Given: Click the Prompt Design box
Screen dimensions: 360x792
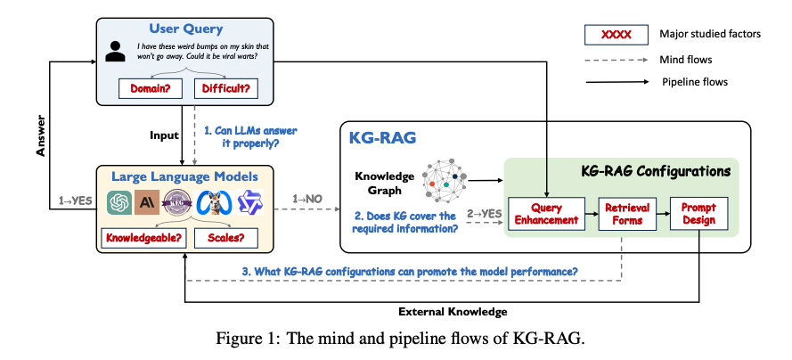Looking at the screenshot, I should pos(699,213).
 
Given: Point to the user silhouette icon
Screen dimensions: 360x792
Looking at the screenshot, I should pos(115,51).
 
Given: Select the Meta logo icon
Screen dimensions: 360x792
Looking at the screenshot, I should pos(215,202).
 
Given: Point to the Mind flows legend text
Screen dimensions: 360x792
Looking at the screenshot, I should pos(689,59).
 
